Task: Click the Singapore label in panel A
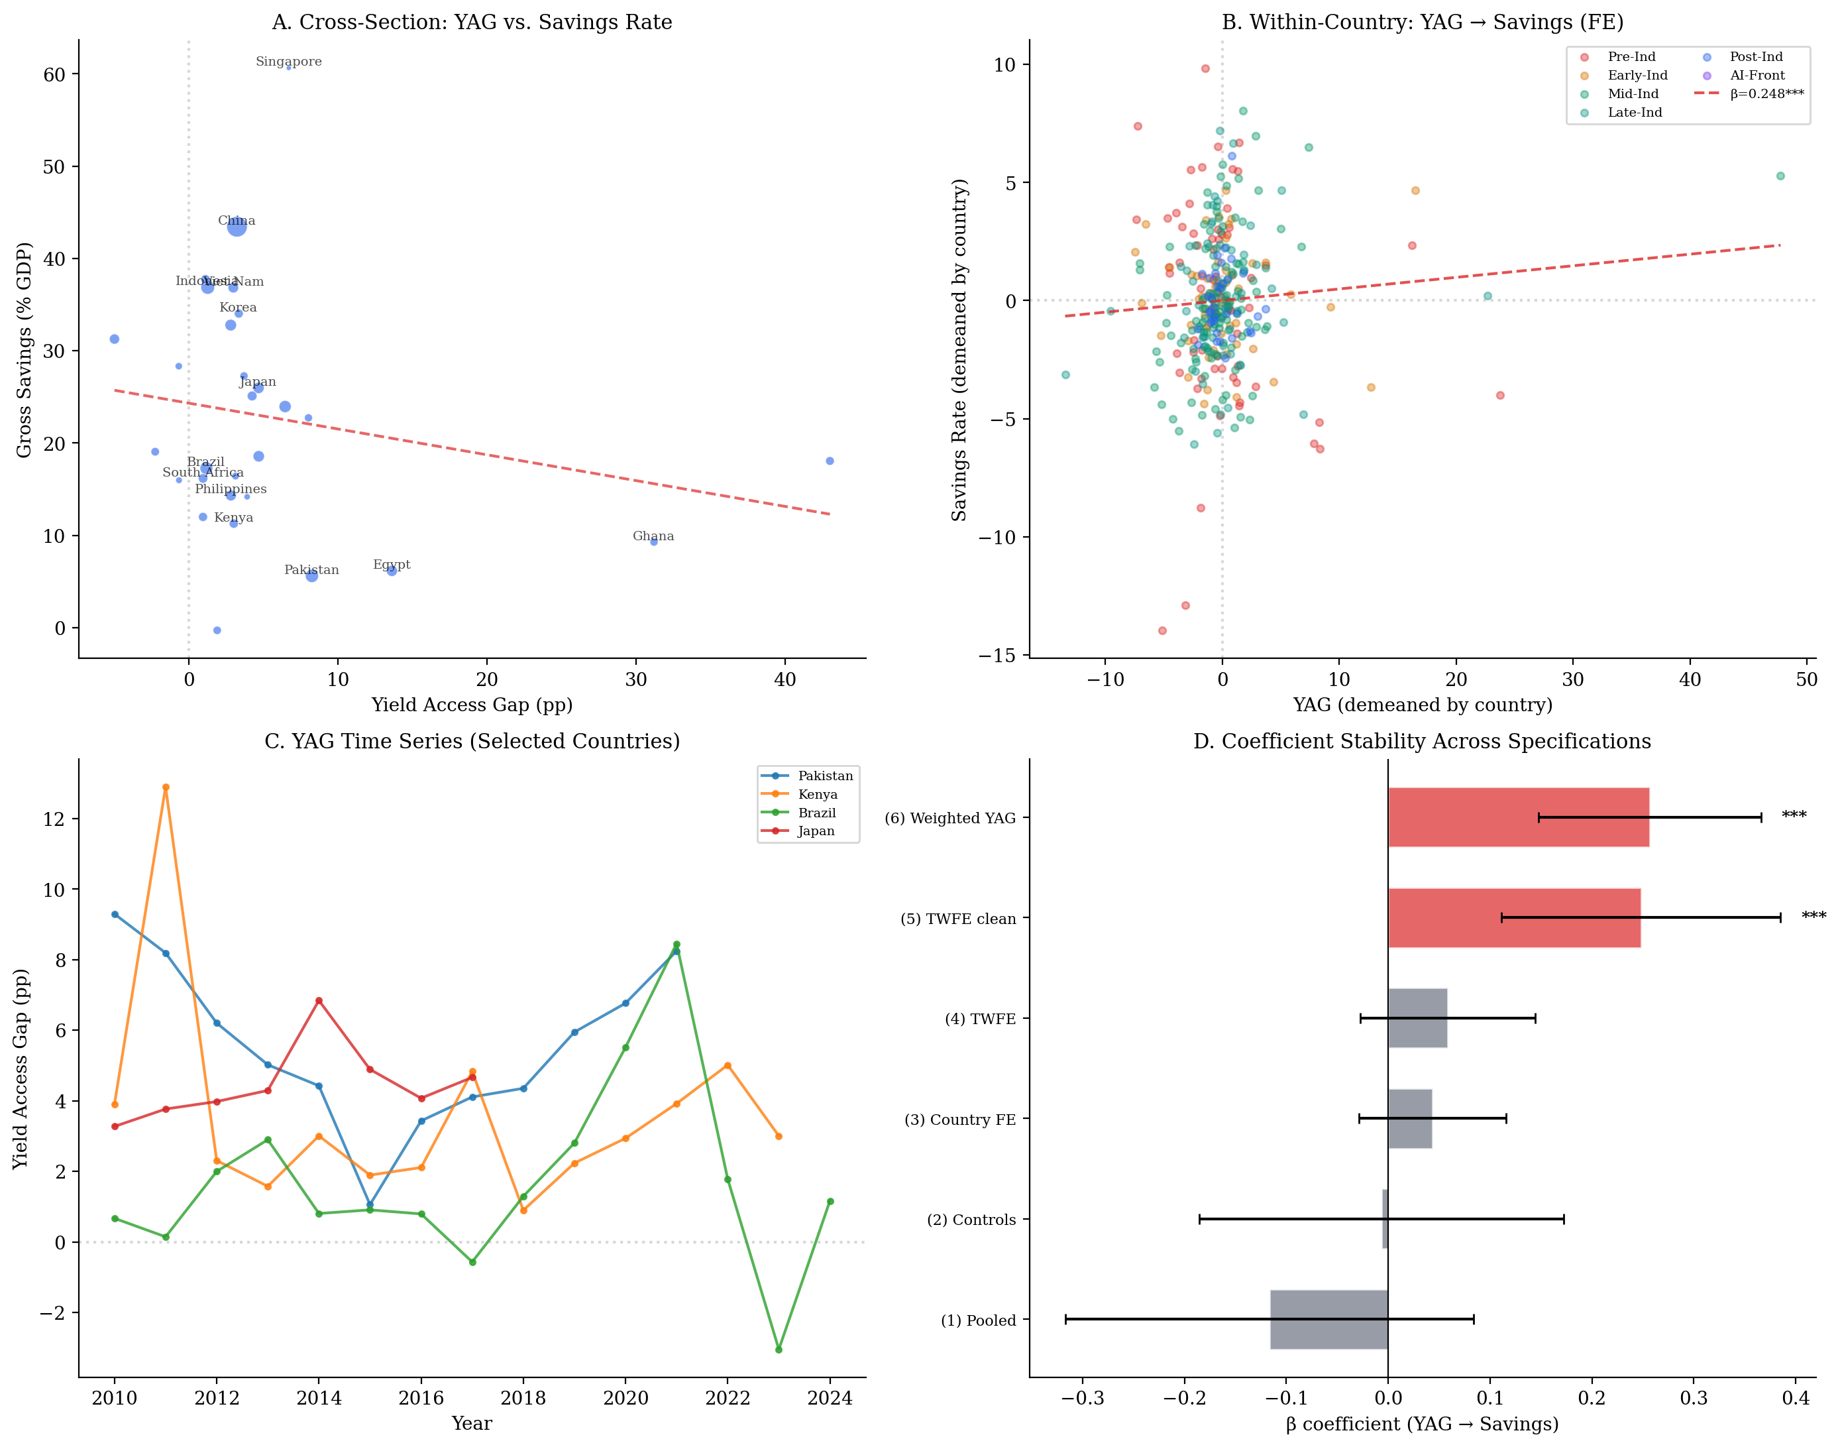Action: [288, 62]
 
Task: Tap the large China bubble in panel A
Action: [237, 226]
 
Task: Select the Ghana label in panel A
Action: [653, 536]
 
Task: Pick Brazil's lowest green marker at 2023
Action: [778, 1350]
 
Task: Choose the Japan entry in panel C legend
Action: [816, 831]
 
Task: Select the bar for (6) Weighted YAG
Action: [1517, 817]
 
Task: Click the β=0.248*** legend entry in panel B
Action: [1766, 94]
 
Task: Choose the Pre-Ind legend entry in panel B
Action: [1631, 57]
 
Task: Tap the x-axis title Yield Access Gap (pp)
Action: [472, 705]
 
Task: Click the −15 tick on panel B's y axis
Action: [997, 656]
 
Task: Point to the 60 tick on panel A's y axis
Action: [54, 74]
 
